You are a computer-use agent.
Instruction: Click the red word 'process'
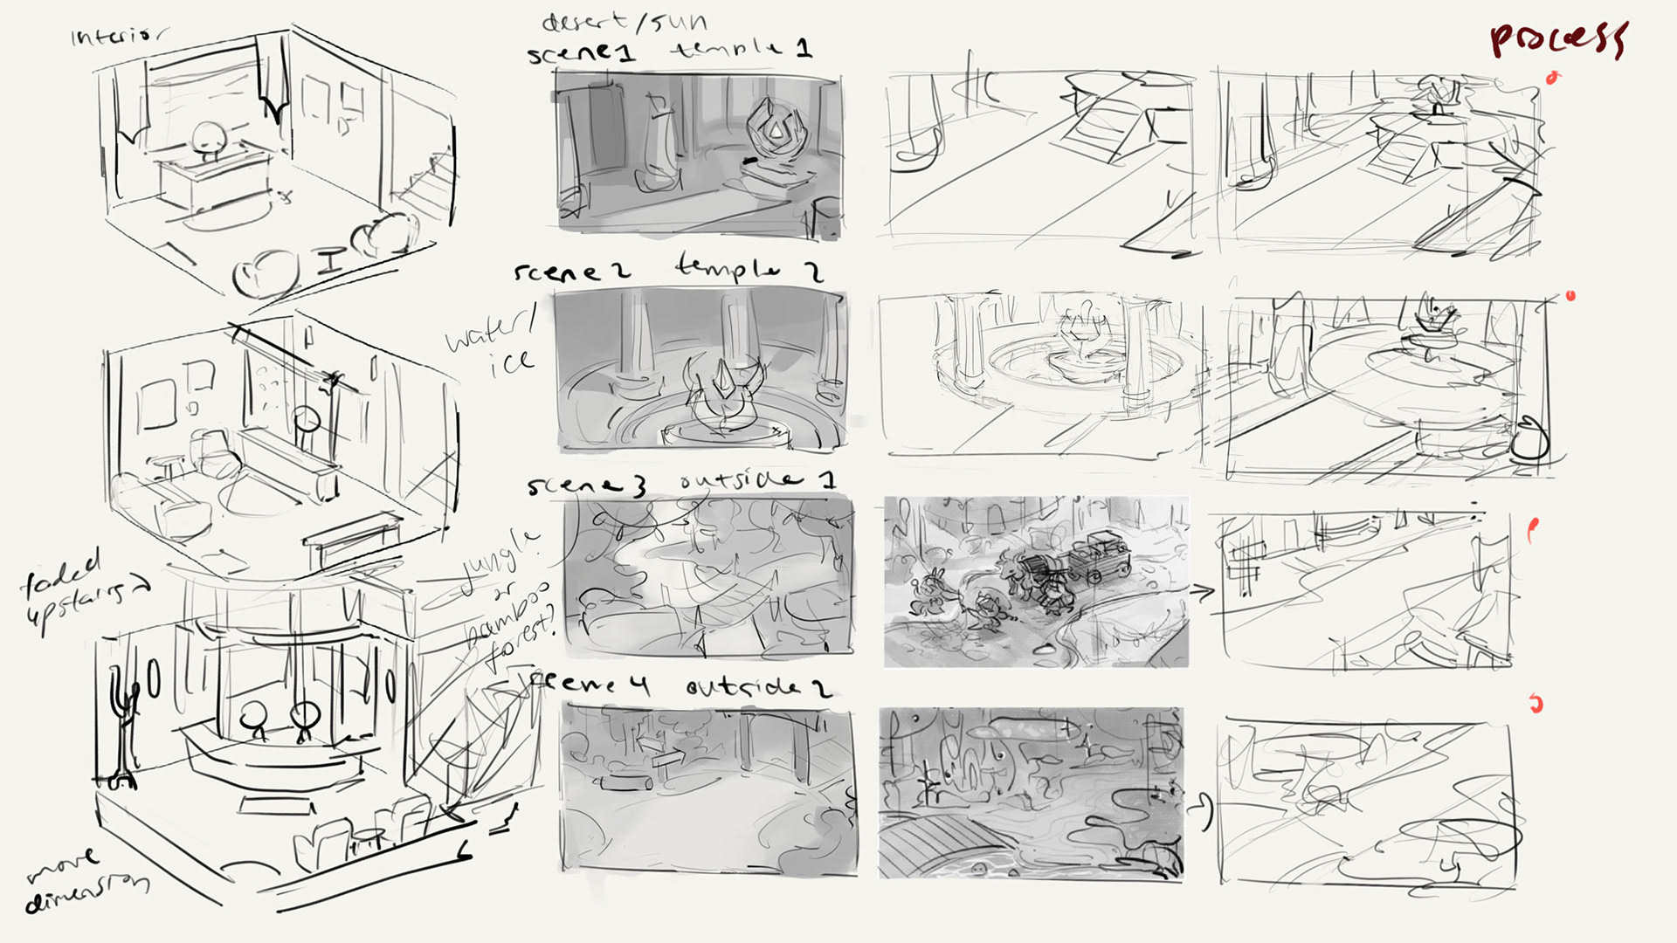[1557, 39]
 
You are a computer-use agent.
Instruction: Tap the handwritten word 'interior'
[117, 36]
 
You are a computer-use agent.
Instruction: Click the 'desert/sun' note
[625, 21]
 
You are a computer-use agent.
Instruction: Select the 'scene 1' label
[581, 54]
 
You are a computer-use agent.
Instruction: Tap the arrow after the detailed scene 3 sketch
[1203, 592]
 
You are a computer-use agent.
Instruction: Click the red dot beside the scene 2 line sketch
[1570, 296]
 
